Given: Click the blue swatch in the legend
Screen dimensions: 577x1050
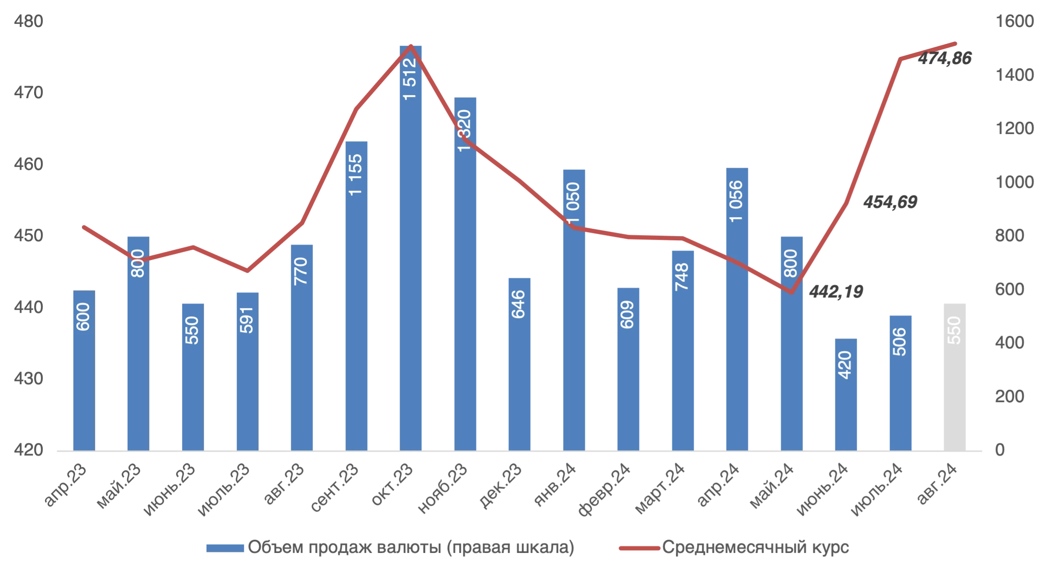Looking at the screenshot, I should point(225,548).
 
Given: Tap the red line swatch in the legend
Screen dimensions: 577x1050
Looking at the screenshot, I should point(639,548).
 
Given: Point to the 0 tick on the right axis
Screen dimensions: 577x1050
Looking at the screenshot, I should point(1000,449).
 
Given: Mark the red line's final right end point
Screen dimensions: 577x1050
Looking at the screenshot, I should point(956,44).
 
